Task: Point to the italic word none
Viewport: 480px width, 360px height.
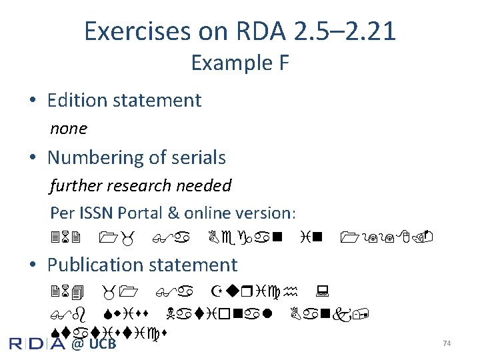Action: pyautogui.click(x=69, y=128)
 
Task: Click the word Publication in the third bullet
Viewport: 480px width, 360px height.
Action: pyautogui.click(x=94, y=265)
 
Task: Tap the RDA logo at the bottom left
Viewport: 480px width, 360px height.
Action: pyautogui.click(x=37, y=343)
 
